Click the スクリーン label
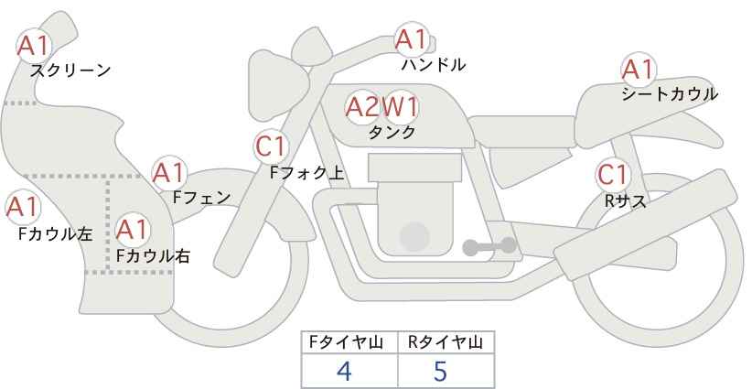click(70, 70)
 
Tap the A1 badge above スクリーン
click(34, 46)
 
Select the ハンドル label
click(434, 64)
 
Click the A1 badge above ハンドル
click(412, 39)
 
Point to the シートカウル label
click(670, 93)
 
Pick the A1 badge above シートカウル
click(639, 70)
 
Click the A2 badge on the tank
click(362, 107)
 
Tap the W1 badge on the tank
click(400, 107)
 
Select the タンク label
click(392, 132)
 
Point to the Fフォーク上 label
click(307, 173)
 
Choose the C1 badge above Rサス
click(613, 175)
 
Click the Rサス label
click(625, 201)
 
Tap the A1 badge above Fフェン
click(169, 173)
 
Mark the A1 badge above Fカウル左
click(23, 208)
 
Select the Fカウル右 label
click(154, 256)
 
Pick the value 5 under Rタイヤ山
click(440, 371)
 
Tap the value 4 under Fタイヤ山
click(344, 371)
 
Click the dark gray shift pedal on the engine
click(489, 246)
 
